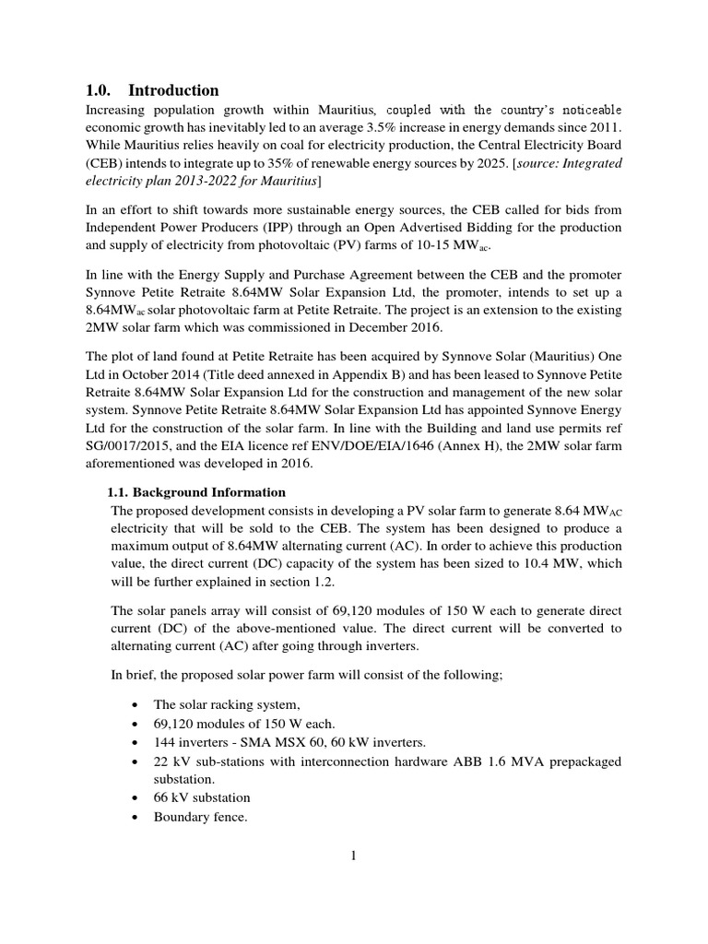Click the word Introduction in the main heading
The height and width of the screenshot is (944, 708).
coord(173,89)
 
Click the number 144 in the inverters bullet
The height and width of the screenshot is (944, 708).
coord(166,742)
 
